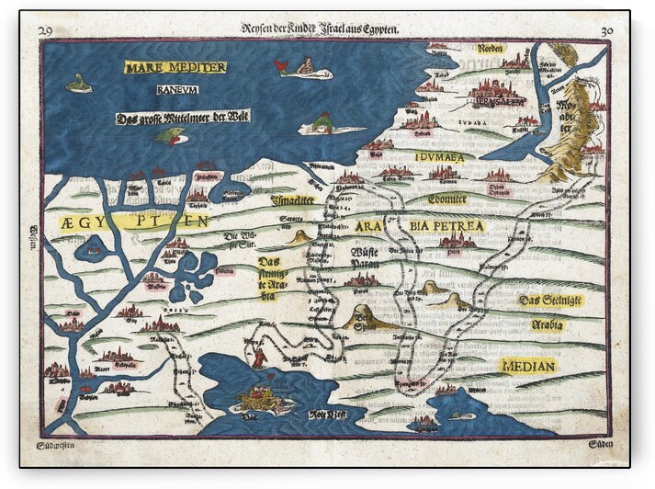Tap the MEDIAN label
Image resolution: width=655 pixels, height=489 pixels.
529,366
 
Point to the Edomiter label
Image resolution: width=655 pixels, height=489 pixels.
447,199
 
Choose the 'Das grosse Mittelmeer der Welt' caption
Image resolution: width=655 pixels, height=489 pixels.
183,117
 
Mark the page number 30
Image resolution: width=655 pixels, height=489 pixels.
605,30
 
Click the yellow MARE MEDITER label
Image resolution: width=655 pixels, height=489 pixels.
175,67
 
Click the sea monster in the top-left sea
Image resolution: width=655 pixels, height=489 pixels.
79,85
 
